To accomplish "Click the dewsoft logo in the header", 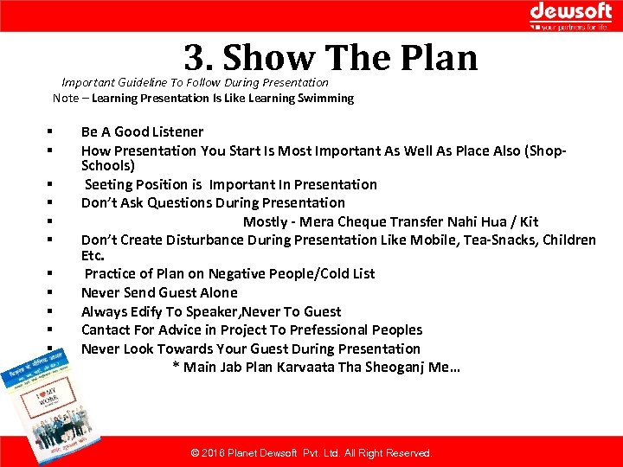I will pos(570,15).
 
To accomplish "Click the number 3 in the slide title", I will pos(194,58).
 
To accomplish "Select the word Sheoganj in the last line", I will pos(393,368).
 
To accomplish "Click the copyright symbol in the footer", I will pos(195,453).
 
